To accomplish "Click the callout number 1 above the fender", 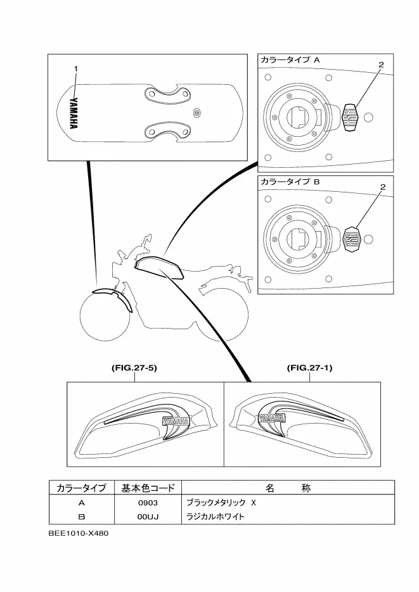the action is click(75, 69).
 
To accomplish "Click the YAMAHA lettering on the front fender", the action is click(74, 113).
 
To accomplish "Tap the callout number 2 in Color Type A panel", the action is click(381, 65).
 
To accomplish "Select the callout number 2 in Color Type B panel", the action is click(382, 187).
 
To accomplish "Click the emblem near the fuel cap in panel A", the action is click(350, 117).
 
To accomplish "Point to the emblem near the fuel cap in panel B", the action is click(352, 239).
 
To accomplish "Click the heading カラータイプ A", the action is click(290, 60).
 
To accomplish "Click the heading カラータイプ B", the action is click(290, 182).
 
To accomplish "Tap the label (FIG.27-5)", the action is click(134, 367).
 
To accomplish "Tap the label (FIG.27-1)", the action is click(309, 367).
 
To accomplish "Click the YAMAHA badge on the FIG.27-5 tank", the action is click(176, 421).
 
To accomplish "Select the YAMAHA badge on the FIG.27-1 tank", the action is click(271, 419).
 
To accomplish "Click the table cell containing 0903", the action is click(148, 503).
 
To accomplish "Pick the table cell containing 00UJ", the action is click(148, 517).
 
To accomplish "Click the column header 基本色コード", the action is click(148, 488).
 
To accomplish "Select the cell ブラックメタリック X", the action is click(221, 503).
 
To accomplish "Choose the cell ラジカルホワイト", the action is click(216, 517).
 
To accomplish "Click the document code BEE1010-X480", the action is click(79, 534).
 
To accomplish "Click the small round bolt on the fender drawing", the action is click(197, 113).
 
